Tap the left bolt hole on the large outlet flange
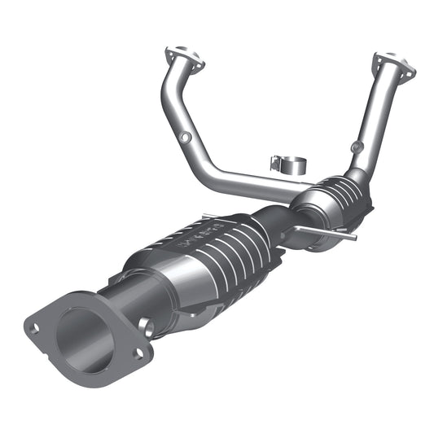coord(35,329)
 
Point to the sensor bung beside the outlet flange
coord(146,327)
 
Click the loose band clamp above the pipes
coord(287,163)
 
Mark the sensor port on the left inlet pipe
coord(186,138)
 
